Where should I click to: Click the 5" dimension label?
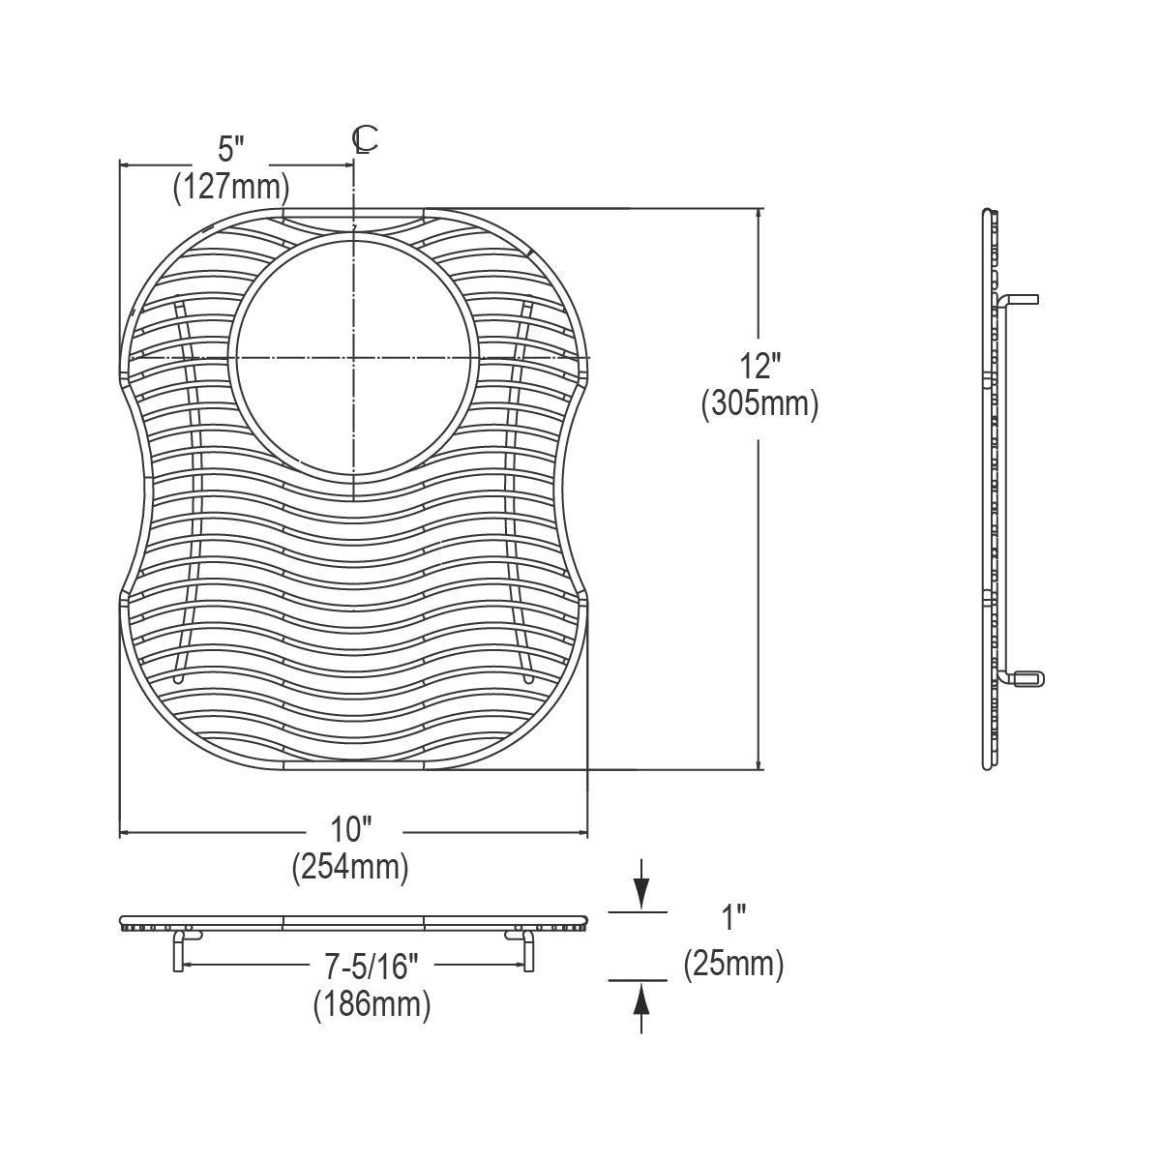point(231,149)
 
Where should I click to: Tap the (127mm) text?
point(231,188)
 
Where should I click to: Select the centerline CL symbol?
point(365,139)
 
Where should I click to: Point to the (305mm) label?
point(759,403)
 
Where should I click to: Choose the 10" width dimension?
point(351,830)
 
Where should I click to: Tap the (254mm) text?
point(350,868)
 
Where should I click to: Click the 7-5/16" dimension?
point(372,967)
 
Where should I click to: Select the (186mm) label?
point(372,1005)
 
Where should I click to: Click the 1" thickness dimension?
point(733,917)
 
